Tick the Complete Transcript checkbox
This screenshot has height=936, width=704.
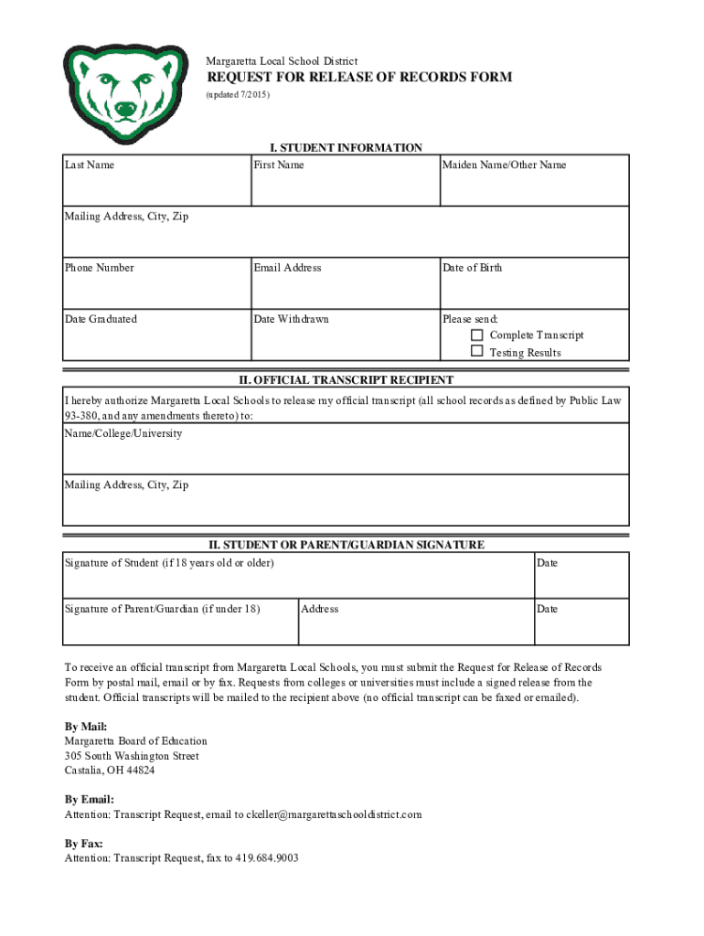[x=476, y=335]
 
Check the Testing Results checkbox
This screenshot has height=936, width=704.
[x=476, y=351]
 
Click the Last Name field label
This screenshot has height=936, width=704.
[x=90, y=165]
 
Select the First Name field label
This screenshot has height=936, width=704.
[x=279, y=165]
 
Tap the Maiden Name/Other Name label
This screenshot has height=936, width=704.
[x=504, y=165]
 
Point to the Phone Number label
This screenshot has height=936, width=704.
[x=99, y=268]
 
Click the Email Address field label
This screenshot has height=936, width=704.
[x=287, y=268]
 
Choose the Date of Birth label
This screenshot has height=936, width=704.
[x=472, y=268]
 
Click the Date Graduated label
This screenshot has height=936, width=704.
[x=101, y=319]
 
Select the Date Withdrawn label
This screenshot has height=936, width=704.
[x=291, y=319]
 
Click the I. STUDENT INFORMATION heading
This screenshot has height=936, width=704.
[x=345, y=148]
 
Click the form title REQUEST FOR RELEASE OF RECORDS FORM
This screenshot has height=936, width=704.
[x=358, y=78]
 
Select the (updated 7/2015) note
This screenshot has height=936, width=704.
[x=238, y=95]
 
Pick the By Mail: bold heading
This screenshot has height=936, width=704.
[x=86, y=726]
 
